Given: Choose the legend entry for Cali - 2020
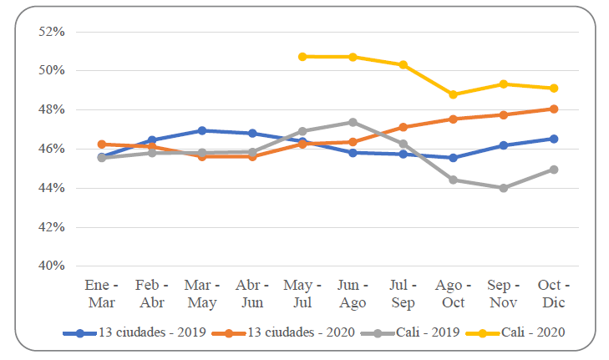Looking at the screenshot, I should coord(533,332).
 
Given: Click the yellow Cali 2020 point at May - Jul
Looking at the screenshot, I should coord(302,57).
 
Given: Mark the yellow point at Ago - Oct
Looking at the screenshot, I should coord(453,94).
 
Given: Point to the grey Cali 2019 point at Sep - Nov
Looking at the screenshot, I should coord(503,188).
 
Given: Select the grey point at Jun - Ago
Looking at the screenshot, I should coord(353,122).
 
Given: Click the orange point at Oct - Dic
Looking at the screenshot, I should coord(553,109).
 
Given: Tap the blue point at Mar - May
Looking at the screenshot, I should coord(202,130).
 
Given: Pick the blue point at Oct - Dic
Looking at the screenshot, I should coord(553,139).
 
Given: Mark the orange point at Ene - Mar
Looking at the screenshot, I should coord(102,145).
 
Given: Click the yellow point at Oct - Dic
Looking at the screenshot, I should coord(553,89).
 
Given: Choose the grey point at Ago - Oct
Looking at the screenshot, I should coord(453,180).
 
